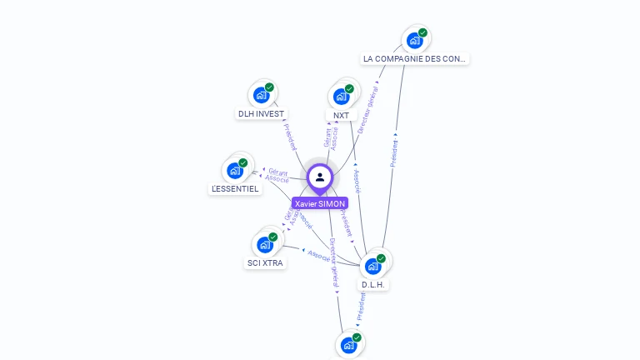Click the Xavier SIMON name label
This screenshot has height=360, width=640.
click(320, 203)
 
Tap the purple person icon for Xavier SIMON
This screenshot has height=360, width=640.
click(320, 177)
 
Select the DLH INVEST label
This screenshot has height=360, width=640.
click(261, 113)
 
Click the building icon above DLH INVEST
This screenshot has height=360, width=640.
click(261, 94)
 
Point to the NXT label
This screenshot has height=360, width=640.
click(341, 116)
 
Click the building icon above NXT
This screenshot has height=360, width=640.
click(341, 96)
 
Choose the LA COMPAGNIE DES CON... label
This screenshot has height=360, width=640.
click(415, 59)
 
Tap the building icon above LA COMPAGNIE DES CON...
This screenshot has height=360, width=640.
click(413, 40)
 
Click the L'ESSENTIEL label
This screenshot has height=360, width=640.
click(235, 189)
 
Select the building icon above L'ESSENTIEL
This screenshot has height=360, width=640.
click(235, 170)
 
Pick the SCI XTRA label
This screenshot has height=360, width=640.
click(265, 263)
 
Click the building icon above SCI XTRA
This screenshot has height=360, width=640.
click(265, 244)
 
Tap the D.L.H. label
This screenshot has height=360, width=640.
click(373, 285)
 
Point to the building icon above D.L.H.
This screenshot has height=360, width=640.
click(373, 266)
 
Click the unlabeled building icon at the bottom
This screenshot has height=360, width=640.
click(348, 344)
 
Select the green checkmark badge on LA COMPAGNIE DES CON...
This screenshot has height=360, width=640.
click(422, 32)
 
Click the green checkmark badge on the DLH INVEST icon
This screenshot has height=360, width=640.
click(269, 87)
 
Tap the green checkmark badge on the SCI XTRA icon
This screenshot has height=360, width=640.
click(272, 237)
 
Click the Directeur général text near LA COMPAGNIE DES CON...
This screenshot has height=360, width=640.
click(367, 114)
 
